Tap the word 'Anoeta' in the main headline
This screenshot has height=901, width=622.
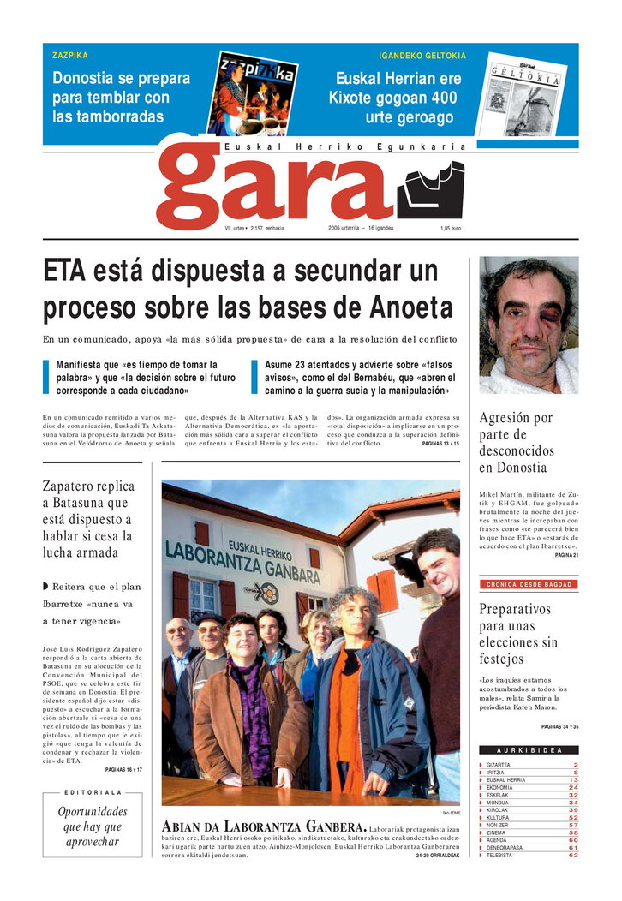pos(411,306)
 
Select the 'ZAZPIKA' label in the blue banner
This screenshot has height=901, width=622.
pos(70,56)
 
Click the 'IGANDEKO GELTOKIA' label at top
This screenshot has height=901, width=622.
pos(422,56)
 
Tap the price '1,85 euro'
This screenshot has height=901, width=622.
pos(451,229)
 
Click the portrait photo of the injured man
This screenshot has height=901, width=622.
pos(528,325)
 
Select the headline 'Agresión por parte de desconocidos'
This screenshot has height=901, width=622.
pos(517,443)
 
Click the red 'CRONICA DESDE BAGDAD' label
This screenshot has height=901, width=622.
pos(528,584)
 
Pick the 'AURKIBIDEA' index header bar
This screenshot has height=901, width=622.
pos(529,749)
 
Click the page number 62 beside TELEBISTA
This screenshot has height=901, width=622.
pos(573,855)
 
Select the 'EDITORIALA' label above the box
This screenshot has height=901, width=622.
pos(93,792)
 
